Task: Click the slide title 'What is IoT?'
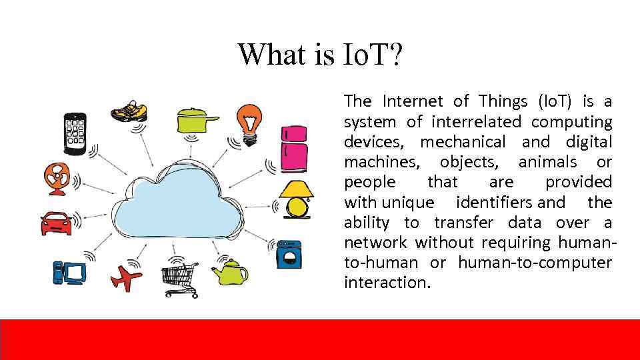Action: (x=320, y=54)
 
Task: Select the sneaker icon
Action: (x=129, y=110)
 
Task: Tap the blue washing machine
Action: (x=289, y=253)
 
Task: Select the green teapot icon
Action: (x=231, y=271)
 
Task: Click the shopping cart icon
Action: (x=179, y=279)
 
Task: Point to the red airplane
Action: (x=127, y=277)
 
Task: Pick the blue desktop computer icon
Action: (x=69, y=271)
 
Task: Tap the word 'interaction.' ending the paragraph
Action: (x=387, y=282)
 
